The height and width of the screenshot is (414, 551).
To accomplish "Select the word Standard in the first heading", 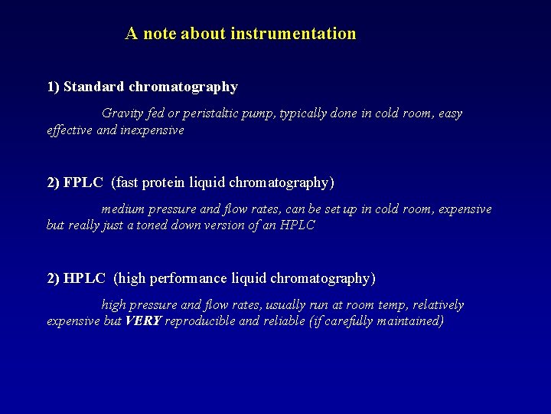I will [x=94, y=87].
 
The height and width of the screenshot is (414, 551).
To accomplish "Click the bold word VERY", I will [x=143, y=321].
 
